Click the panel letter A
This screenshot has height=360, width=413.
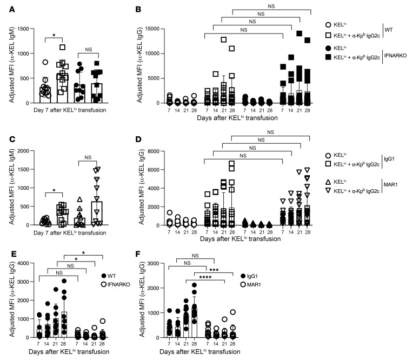point(5,7)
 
